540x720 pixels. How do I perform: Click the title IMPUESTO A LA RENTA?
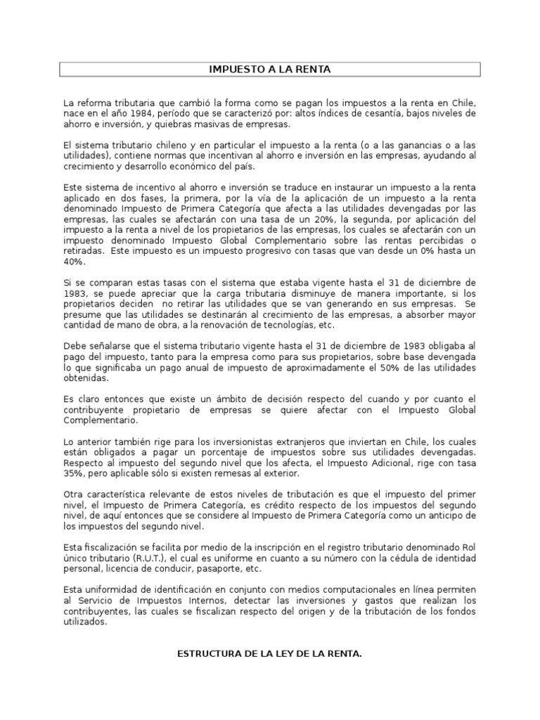coord(270,69)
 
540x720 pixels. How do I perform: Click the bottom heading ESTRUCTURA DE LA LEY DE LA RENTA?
coord(270,654)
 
